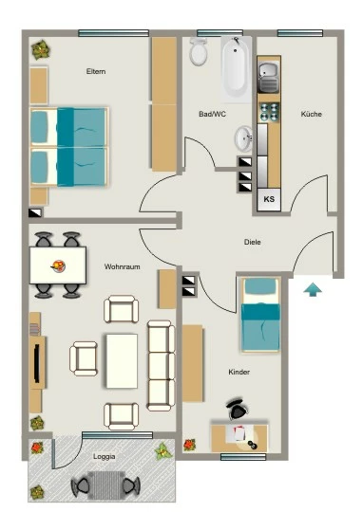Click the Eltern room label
(96, 71)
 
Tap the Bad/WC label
(212, 114)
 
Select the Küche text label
(312, 114)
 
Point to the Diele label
(253, 242)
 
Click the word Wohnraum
(122, 266)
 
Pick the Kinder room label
(239, 372)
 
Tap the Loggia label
(105, 456)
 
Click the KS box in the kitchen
(269, 199)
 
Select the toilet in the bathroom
(199, 51)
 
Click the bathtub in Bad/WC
(237, 69)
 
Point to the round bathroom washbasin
(243, 138)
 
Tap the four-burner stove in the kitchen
(269, 112)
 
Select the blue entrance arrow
(313, 289)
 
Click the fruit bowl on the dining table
(59, 265)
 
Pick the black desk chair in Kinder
(238, 410)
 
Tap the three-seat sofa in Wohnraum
(161, 365)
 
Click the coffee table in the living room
(122, 361)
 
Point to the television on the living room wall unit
(37, 363)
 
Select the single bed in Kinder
(260, 315)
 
